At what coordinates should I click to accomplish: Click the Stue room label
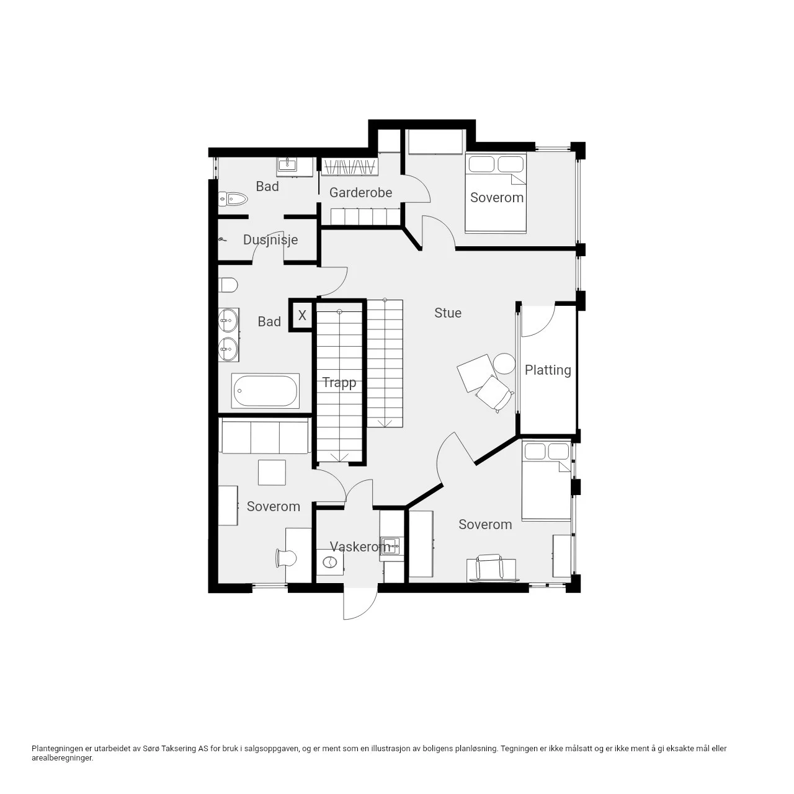[447, 313]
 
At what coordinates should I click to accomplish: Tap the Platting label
[548, 370]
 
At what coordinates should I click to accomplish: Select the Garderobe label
[360, 192]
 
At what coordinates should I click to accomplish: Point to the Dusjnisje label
[270, 240]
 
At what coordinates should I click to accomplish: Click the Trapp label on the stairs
[339, 383]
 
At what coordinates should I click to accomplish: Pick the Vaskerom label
[360, 546]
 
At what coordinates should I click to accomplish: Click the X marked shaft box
[302, 316]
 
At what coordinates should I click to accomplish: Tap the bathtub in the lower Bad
[265, 391]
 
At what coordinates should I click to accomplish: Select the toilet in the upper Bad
[233, 199]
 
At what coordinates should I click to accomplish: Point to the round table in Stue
[504, 364]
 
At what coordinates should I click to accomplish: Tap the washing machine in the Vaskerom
[329, 562]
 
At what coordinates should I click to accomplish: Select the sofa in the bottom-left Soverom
[264, 435]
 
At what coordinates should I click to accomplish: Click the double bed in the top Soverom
[496, 192]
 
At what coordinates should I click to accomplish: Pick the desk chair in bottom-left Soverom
[286, 558]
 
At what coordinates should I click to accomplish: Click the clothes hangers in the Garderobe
[349, 167]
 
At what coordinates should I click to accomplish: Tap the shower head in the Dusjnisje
[223, 239]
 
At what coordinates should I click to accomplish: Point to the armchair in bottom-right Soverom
[489, 568]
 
